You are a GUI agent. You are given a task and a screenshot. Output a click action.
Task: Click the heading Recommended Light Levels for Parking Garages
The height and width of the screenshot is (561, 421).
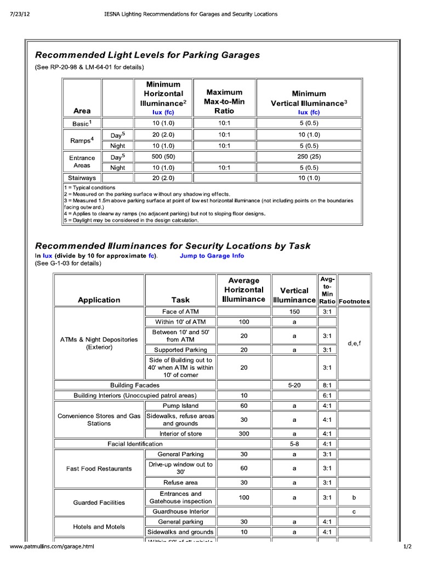point(147,55)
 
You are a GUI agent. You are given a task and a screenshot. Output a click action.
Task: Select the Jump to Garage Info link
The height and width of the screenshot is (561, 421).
point(212,255)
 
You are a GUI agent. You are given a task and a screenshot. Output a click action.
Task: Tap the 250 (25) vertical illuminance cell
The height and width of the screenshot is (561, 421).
point(309,157)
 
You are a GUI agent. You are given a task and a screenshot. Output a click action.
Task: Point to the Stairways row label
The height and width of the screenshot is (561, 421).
point(82,178)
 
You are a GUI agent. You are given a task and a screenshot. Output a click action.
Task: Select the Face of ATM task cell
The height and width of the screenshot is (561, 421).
point(180,311)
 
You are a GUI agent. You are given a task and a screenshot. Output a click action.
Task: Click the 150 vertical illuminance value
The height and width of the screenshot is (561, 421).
point(294,311)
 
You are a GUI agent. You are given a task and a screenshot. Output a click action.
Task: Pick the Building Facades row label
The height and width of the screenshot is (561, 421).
point(135,385)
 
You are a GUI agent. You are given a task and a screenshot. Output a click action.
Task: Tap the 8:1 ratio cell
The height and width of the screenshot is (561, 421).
point(327,385)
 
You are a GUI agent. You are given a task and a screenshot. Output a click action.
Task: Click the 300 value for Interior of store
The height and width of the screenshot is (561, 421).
point(244,433)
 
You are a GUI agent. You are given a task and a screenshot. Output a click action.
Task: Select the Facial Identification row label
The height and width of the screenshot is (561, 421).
point(135,444)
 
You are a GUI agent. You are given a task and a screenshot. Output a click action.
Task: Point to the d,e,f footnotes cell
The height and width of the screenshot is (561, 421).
point(354,343)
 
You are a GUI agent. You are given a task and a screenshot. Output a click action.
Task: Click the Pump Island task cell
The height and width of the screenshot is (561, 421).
point(180,406)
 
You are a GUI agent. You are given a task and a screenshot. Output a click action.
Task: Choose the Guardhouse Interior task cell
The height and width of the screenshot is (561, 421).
point(180,511)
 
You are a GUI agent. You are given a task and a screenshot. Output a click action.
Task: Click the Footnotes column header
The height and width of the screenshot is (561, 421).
point(354,301)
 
